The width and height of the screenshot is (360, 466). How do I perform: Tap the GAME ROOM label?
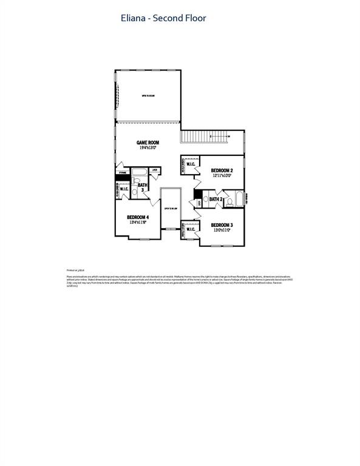(x=148, y=143)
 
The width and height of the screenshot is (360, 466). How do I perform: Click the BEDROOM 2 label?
(x=222, y=171)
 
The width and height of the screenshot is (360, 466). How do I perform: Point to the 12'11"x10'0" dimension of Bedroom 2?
(x=222, y=176)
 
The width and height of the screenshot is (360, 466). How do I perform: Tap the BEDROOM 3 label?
(x=222, y=225)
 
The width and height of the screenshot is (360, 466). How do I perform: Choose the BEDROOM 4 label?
(x=138, y=217)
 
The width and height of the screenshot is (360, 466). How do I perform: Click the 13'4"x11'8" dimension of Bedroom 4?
(x=138, y=223)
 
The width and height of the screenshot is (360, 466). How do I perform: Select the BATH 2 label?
(x=217, y=199)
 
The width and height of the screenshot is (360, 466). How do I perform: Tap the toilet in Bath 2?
(x=206, y=198)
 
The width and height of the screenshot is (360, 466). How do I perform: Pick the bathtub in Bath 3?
(x=139, y=171)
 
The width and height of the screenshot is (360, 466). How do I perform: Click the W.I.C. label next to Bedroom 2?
(x=190, y=164)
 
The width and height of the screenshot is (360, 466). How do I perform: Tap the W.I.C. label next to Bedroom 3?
(x=191, y=229)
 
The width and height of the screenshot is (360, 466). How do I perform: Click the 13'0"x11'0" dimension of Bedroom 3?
(x=222, y=231)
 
